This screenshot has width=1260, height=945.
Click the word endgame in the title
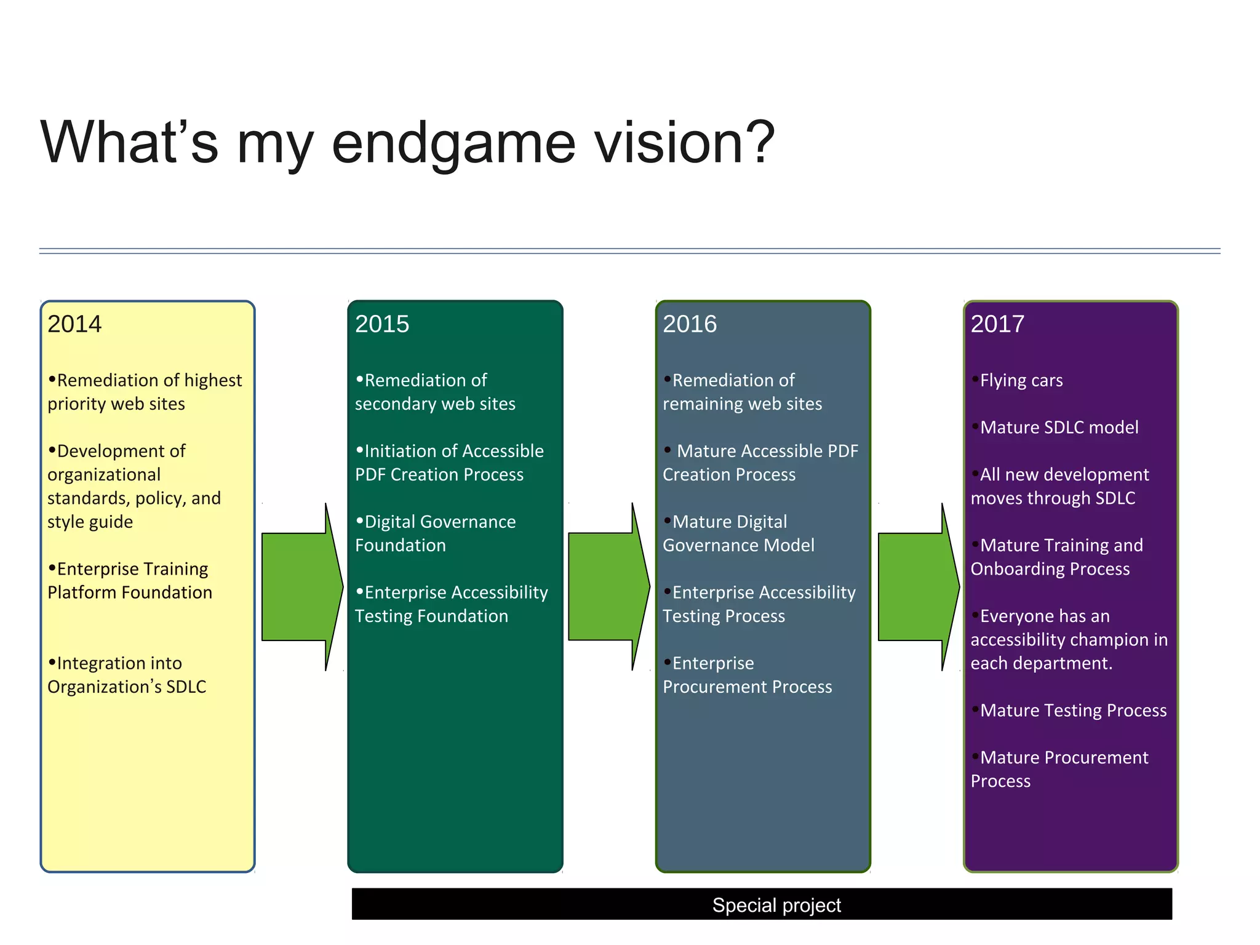453,143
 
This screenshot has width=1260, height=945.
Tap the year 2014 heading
74,324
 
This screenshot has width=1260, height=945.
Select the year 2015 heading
382,324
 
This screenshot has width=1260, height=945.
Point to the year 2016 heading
690,324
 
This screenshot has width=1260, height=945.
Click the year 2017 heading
997,324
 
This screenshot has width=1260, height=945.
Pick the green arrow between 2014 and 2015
300,586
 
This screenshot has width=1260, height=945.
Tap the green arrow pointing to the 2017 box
917,586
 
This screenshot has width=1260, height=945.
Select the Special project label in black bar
776,905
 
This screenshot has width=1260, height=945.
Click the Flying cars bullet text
1021,380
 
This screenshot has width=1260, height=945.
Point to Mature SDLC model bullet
1059,428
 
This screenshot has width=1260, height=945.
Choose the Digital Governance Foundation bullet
436,533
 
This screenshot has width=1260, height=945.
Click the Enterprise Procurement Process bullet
747,675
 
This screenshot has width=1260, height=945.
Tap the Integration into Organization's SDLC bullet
127,675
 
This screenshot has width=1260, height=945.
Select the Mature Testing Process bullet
1073,711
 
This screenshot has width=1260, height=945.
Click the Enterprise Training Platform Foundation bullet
130,581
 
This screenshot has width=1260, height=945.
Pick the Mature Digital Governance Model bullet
738,533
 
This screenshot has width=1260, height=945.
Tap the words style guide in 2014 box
90,522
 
